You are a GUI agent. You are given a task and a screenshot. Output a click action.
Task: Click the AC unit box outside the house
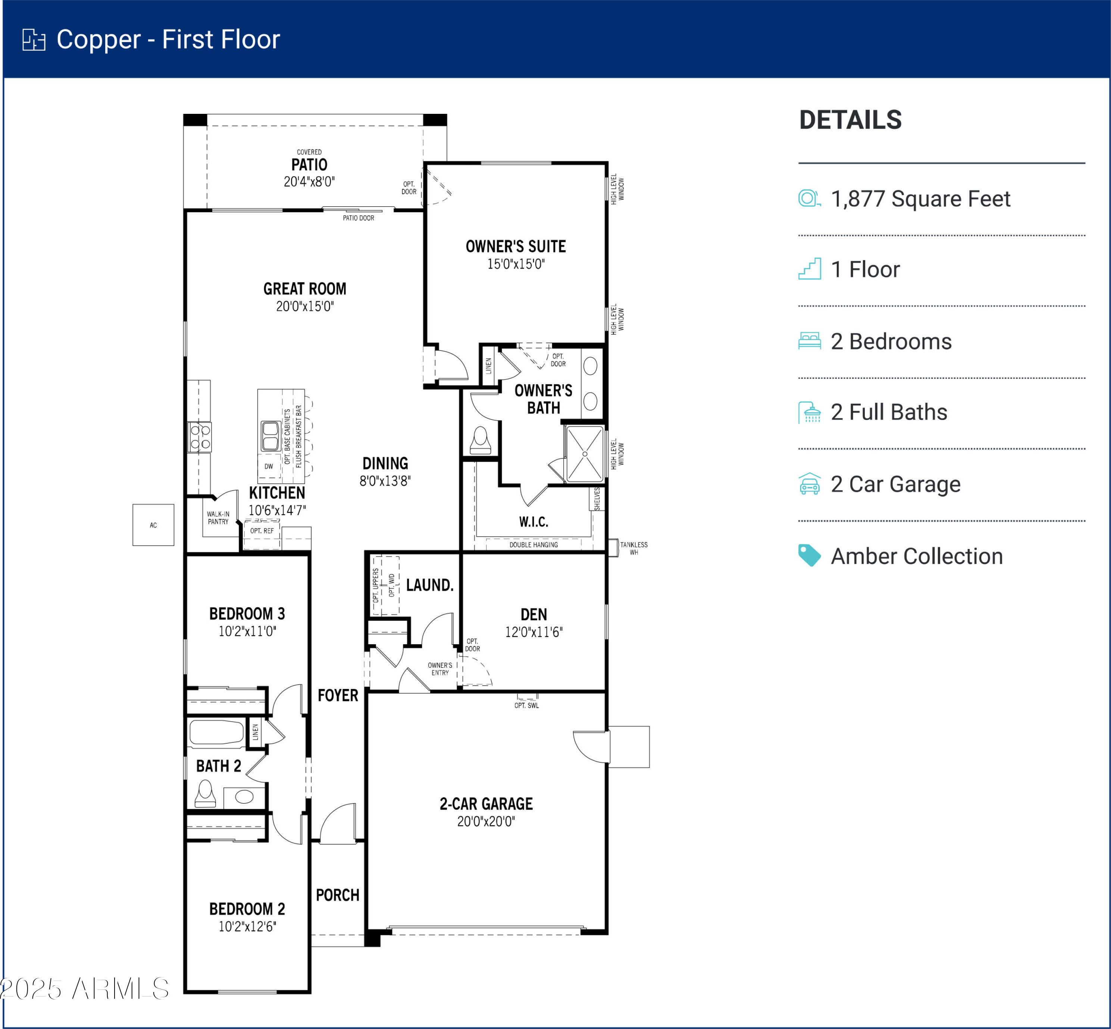pyautogui.click(x=153, y=524)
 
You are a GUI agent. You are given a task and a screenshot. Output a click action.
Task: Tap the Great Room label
pyautogui.click(x=305, y=289)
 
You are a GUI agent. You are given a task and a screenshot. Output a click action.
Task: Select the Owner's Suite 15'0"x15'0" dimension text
pyautogui.click(x=516, y=264)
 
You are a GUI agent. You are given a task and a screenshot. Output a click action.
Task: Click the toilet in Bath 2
pyautogui.click(x=206, y=793)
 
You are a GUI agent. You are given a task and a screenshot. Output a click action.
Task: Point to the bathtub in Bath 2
pyautogui.click(x=216, y=733)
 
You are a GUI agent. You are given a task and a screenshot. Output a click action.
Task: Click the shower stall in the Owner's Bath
pyautogui.click(x=585, y=454)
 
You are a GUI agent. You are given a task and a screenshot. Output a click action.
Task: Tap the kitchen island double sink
pyautogui.click(x=270, y=436)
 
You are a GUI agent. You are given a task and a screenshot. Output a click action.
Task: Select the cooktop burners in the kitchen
pyautogui.click(x=200, y=437)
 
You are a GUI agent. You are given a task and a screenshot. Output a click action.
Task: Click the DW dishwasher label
pyautogui.click(x=269, y=467)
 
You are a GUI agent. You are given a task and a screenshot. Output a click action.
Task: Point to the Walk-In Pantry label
pyautogui.click(x=218, y=518)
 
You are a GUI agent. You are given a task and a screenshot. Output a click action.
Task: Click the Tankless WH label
pyautogui.click(x=634, y=549)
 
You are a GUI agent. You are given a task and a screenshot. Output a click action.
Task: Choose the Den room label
pyautogui.click(x=534, y=614)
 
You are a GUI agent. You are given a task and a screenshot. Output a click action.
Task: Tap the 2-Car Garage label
pyautogui.click(x=486, y=804)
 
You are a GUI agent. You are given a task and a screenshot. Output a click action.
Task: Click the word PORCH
pyautogui.click(x=338, y=895)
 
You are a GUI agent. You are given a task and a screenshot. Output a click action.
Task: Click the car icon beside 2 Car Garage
pyautogui.click(x=809, y=484)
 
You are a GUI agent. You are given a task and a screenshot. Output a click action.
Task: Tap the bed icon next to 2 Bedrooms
pyautogui.click(x=809, y=341)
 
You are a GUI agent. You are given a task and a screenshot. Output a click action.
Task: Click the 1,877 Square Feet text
pyautogui.click(x=921, y=199)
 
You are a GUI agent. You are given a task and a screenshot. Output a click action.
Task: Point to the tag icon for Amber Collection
pyautogui.click(x=809, y=555)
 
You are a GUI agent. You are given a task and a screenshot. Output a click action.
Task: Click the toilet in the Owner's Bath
pyautogui.click(x=481, y=441)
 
